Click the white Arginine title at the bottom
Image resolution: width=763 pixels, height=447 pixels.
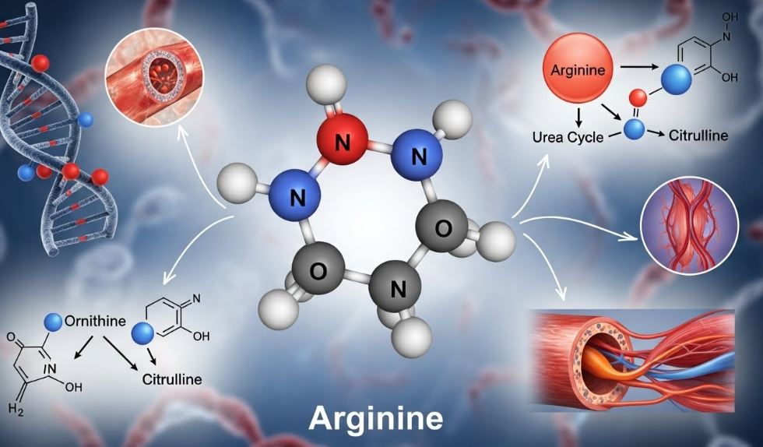click(x=376, y=418)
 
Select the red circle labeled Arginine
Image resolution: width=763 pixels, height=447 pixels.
click(x=578, y=69)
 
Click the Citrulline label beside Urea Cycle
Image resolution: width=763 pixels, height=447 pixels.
click(x=698, y=136)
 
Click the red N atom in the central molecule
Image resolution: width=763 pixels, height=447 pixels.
click(x=342, y=143)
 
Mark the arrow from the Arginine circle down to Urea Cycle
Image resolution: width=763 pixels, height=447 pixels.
click(x=578, y=115)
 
